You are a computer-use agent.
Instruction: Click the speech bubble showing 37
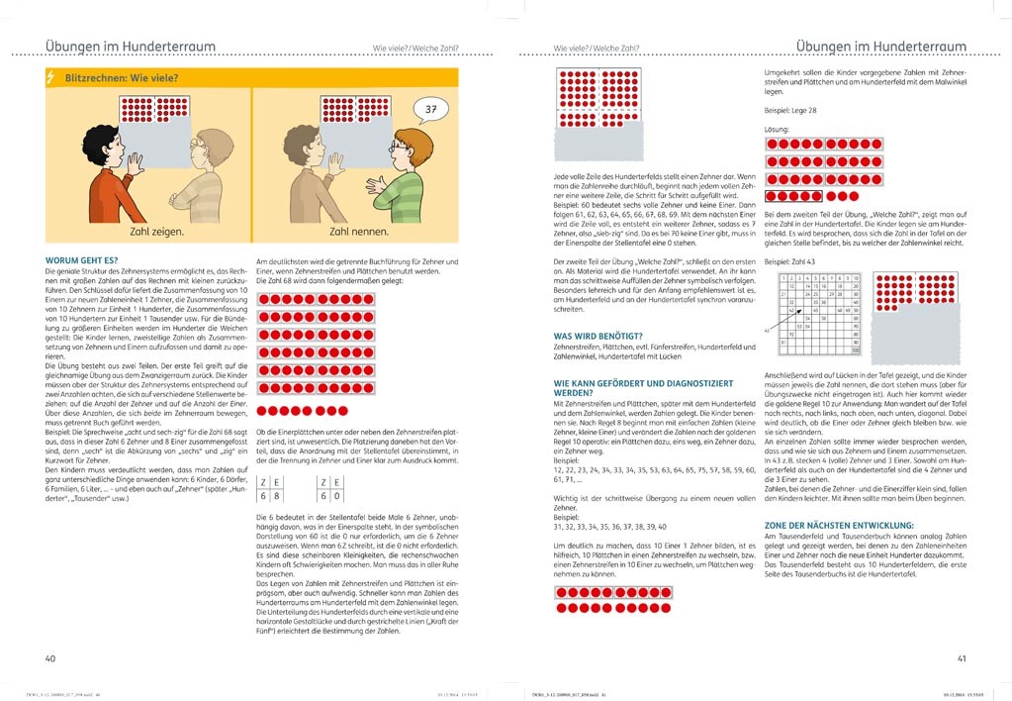(x=428, y=109)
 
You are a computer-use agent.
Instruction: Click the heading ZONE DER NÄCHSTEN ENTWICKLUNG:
(x=839, y=525)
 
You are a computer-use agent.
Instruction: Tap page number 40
(x=50, y=657)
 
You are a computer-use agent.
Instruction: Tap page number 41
(x=961, y=657)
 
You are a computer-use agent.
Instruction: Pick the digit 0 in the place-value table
(x=339, y=496)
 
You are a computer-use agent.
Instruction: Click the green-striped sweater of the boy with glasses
(x=400, y=193)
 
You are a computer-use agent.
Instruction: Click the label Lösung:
(x=778, y=129)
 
